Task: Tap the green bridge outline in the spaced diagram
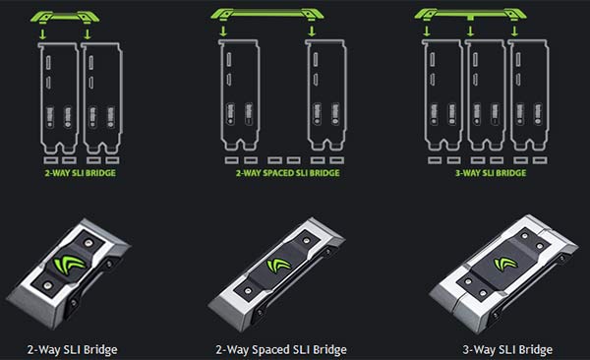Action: click(271, 13)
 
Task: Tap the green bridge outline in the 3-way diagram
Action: click(469, 14)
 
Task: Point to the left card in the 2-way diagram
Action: click(55, 93)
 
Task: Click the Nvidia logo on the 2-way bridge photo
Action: click(72, 263)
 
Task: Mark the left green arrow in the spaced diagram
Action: click(224, 31)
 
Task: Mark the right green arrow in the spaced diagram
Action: click(314, 31)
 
